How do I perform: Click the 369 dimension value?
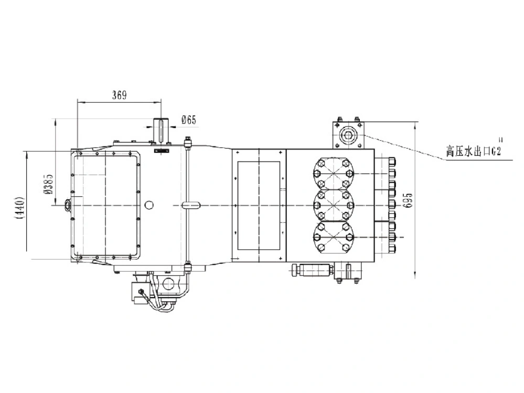click(119, 95)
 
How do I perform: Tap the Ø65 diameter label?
click(189, 120)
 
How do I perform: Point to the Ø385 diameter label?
click(48, 184)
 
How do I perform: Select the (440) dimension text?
click(20, 208)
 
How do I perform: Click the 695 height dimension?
click(408, 200)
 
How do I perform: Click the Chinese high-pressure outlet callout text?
click(474, 151)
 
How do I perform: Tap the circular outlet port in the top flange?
click(348, 135)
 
